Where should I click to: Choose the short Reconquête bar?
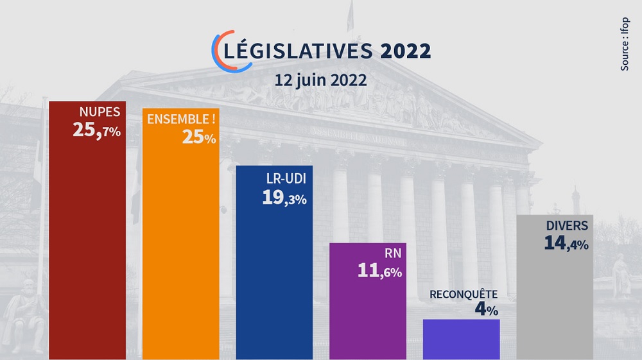coord(461,339)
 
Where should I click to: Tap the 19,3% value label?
coord(284,198)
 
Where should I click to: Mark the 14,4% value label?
coord(566,243)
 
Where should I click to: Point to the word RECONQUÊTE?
coord(464,295)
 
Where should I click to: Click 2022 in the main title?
coord(405,51)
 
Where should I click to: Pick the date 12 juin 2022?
coord(320,81)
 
